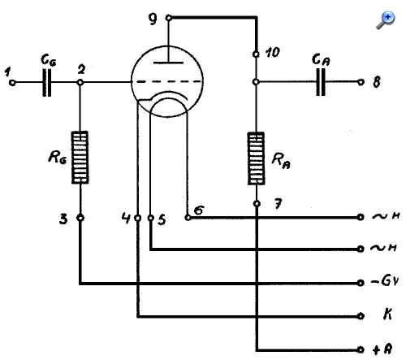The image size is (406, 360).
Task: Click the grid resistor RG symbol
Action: tap(80, 158)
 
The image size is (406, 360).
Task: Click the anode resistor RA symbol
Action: tap(256, 158)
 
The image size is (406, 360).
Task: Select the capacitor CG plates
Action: tap(47, 83)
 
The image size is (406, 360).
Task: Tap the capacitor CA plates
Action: tap(321, 82)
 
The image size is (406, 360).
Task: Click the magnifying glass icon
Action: tap(386, 20)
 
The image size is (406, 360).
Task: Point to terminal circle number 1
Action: tap(12, 83)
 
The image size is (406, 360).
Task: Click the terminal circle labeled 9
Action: tap(169, 18)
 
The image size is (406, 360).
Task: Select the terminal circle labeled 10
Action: tap(256, 54)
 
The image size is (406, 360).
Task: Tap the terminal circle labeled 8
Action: tap(361, 82)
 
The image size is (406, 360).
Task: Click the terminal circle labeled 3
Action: tap(80, 218)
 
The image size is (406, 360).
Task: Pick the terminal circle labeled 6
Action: tap(188, 217)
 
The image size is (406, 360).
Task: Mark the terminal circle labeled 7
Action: tap(257, 204)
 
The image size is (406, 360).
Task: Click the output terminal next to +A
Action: tap(361, 349)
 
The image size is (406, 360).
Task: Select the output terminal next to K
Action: tap(361, 316)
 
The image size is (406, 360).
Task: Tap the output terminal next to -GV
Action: tap(361, 283)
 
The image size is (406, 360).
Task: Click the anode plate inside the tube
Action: tap(168, 63)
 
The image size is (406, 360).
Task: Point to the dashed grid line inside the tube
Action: tap(169, 81)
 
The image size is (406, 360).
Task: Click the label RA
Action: tap(281, 161)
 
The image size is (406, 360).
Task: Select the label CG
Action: tap(49, 60)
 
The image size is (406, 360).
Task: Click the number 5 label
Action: tap(162, 219)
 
